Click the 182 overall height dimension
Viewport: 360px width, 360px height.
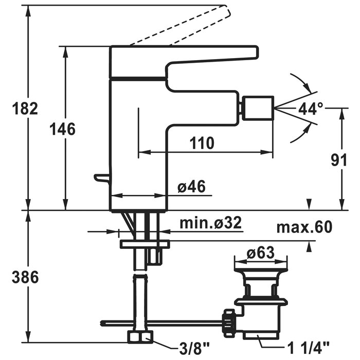coord(25,109)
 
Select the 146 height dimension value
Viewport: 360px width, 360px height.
coord(62,129)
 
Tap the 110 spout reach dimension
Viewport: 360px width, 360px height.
coord(202,143)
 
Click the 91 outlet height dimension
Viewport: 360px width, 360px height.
coord(339,160)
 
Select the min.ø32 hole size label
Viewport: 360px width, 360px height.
coord(210,223)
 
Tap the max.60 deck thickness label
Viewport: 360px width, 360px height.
coord(304,227)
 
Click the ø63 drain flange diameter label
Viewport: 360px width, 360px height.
coord(261,253)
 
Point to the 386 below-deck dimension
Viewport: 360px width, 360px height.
coord(25,277)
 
